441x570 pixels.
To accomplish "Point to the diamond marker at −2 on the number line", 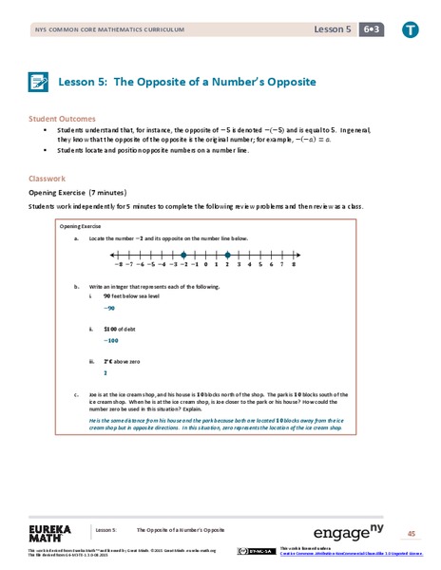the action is tap(182, 254).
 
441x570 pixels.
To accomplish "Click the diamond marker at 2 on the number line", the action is tap(228, 254).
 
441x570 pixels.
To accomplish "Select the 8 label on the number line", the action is tap(295, 267).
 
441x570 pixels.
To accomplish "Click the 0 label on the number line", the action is tap(205, 267).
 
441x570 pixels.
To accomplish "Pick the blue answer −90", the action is tap(109, 309).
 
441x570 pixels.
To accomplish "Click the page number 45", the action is tap(411, 532).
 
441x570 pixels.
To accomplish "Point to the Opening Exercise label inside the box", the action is tap(81, 228).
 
